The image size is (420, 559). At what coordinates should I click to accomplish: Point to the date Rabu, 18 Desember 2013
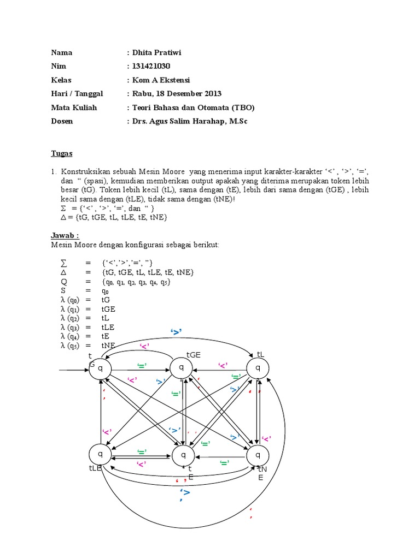(x=177, y=94)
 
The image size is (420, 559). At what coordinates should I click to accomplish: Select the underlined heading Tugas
(x=61, y=153)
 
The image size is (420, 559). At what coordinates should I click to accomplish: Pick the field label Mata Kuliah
(x=74, y=108)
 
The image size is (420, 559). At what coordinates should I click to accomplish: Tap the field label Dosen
(x=62, y=121)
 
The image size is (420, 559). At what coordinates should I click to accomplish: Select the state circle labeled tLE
(x=100, y=454)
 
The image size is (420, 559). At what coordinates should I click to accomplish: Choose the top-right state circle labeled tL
(x=258, y=368)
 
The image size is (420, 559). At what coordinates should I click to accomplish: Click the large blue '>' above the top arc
(x=176, y=332)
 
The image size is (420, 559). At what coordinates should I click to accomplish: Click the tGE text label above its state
(x=194, y=355)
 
